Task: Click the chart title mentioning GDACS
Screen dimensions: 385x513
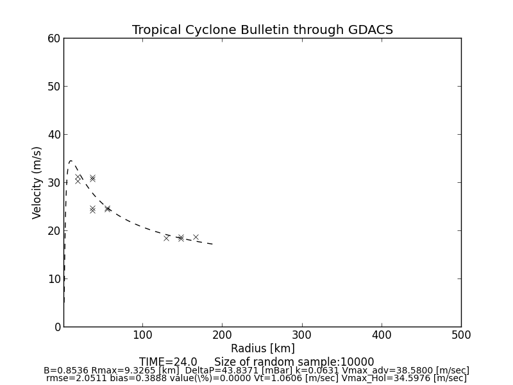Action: (262, 30)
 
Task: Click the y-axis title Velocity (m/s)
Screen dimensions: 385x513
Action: (37, 182)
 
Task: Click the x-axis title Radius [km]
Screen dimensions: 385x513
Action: (262, 348)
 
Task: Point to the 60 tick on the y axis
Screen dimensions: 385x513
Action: (53, 38)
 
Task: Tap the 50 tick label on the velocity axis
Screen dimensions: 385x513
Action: (53, 87)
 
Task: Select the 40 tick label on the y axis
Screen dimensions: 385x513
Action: (53, 135)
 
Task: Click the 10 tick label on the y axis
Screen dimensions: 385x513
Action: (53, 279)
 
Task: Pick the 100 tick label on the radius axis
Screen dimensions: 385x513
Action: (142, 335)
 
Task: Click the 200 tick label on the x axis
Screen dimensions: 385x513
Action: (222, 335)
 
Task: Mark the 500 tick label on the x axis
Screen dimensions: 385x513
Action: (460, 335)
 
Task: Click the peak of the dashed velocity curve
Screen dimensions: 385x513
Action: (71, 161)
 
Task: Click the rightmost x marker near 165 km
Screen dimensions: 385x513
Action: (196, 237)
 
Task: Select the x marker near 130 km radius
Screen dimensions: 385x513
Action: (167, 238)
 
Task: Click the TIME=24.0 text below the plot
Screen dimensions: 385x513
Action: (168, 362)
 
